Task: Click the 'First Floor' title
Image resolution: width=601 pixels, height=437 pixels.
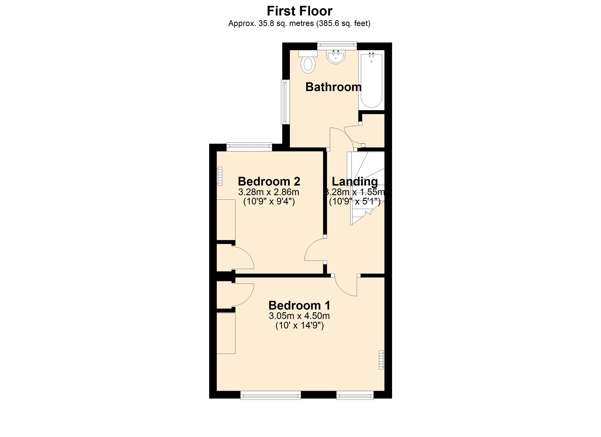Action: click(299, 11)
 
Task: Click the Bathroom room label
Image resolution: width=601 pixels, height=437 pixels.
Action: click(333, 87)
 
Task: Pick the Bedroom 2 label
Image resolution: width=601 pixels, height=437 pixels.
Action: click(269, 182)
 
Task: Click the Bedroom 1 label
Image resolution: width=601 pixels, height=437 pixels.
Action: click(299, 305)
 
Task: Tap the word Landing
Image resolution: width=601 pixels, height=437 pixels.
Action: click(355, 182)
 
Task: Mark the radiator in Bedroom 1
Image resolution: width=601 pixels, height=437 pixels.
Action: click(381, 360)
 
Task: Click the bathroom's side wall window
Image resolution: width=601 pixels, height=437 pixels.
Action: click(285, 102)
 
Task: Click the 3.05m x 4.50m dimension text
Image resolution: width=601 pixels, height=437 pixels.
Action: click(299, 316)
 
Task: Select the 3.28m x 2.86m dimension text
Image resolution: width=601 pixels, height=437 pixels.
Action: click(269, 192)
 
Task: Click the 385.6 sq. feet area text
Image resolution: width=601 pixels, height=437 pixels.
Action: click(343, 24)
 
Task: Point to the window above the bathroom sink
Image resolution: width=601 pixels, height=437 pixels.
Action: click(337, 46)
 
